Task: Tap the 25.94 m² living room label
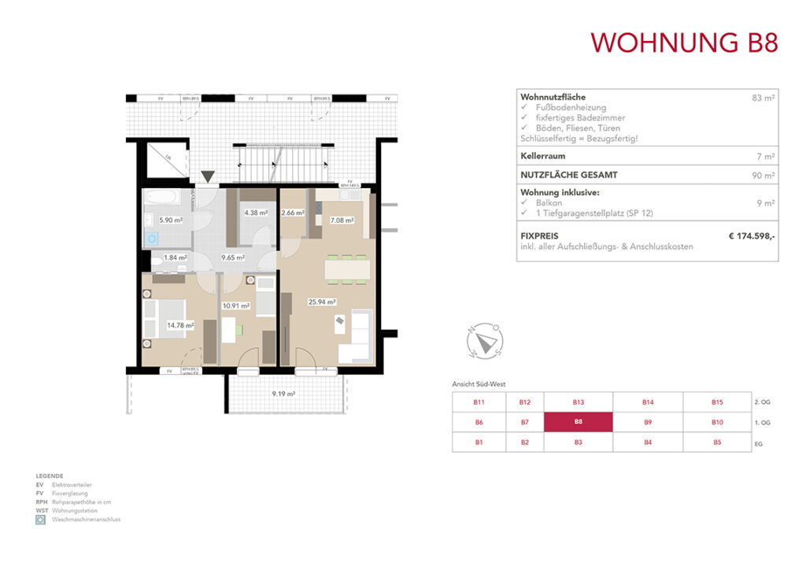pyautogui.click(x=323, y=302)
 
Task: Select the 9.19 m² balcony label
pyautogui.click(x=283, y=394)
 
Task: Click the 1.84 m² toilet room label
pyautogui.click(x=175, y=257)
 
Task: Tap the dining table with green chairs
pyautogui.click(x=347, y=269)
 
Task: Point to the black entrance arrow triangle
pyautogui.click(x=207, y=177)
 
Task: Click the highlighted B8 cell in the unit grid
pyautogui.click(x=579, y=422)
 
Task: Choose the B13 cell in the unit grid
pyautogui.click(x=579, y=402)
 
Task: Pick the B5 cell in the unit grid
pyautogui.click(x=717, y=442)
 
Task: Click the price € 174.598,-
pyautogui.click(x=752, y=235)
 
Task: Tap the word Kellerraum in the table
pyautogui.click(x=543, y=156)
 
